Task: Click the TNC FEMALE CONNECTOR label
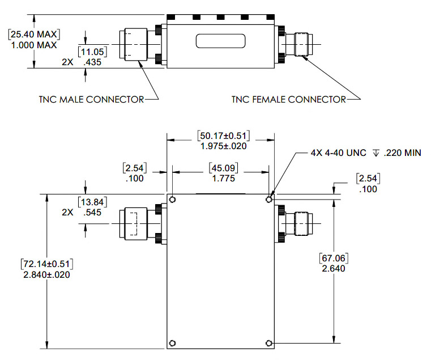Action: pyautogui.click(x=288, y=99)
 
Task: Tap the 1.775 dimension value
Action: pyautogui.click(x=219, y=179)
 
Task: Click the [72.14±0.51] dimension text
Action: pyautogui.click(x=48, y=264)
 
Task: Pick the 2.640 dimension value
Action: pyautogui.click(x=334, y=268)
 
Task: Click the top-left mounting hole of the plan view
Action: pyautogui.click(x=173, y=200)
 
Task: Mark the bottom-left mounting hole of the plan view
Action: pyautogui.click(x=173, y=343)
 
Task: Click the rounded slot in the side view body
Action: pyautogui.click(x=221, y=41)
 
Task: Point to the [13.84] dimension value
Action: pyautogui.click(x=92, y=202)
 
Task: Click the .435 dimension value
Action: pyautogui.click(x=92, y=63)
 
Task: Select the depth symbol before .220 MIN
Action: pyautogui.click(x=375, y=153)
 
